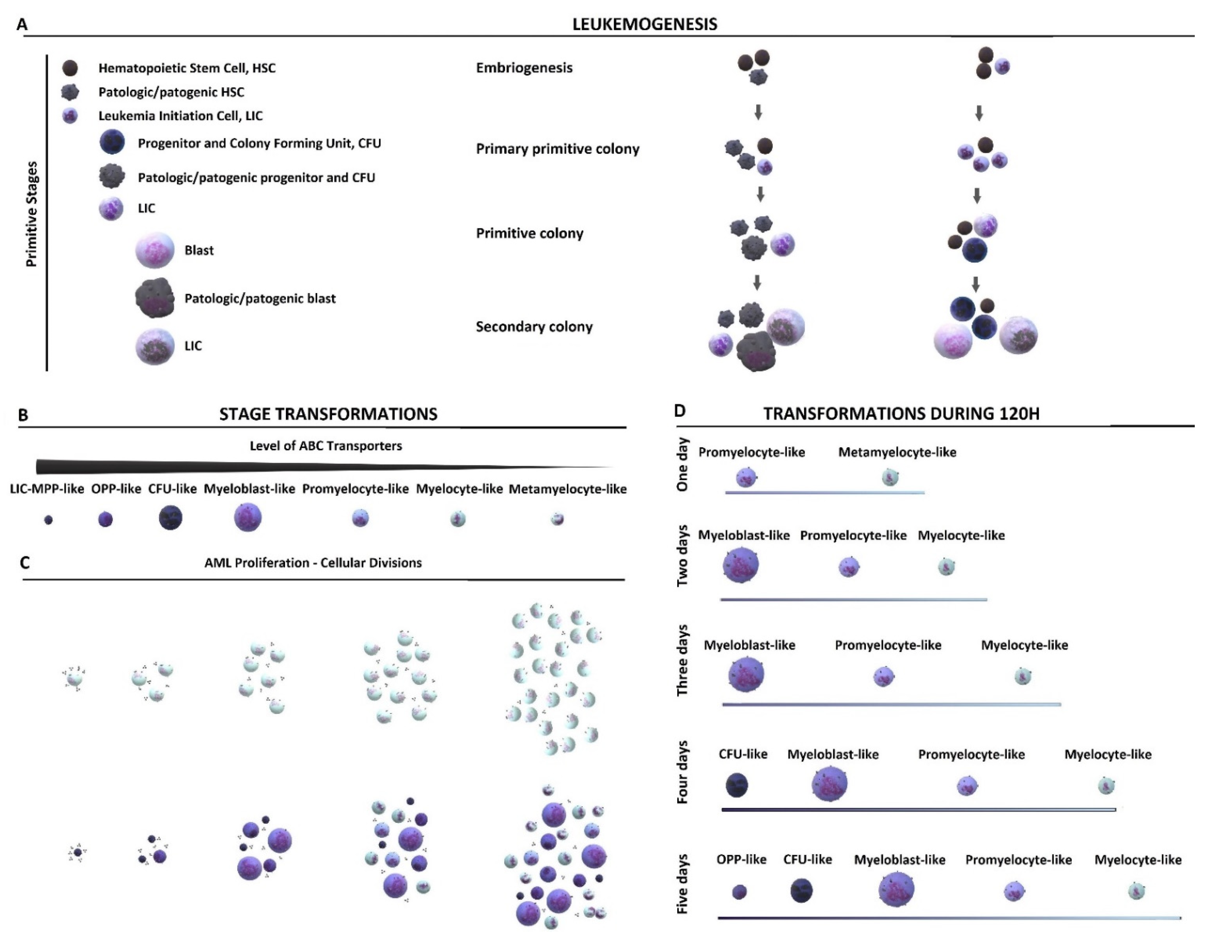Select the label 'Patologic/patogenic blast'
point(260,298)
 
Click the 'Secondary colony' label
point(534,327)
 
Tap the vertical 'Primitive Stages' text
point(32,214)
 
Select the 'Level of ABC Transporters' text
point(326,446)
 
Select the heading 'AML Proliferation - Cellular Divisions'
point(313,563)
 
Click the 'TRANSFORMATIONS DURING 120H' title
point(901,414)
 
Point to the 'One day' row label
point(682,464)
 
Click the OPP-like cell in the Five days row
point(739,891)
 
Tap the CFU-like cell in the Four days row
point(737,785)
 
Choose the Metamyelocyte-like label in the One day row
point(897,452)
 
